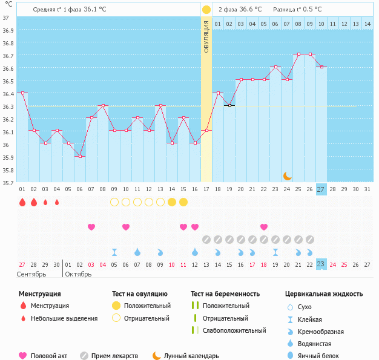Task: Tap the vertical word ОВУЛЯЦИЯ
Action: click(x=206, y=37)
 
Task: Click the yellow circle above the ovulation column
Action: click(x=206, y=10)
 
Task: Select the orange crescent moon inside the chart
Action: click(x=287, y=175)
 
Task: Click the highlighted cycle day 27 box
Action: click(x=321, y=189)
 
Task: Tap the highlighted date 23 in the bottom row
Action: click(x=321, y=264)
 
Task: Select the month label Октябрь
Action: click(x=78, y=274)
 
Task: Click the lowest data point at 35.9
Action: click(x=79, y=156)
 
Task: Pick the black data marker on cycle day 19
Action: click(x=229, y=105)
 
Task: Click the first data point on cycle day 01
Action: click(x=22, y=93)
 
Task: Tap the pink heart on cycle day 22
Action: click(x=264, y=227)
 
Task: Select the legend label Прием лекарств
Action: click(x=114, y=356)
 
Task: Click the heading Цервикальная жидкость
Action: click(x=324, y=293)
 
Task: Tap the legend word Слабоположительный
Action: click(x=234, y=330)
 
